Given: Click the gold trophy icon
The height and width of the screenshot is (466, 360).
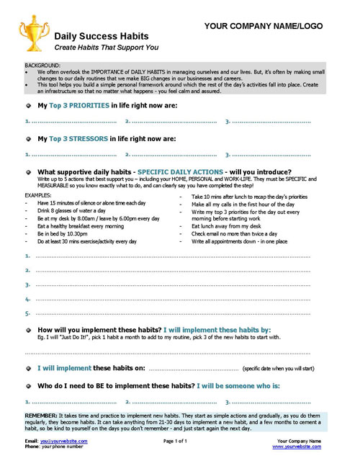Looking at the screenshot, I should [x=32, y=33].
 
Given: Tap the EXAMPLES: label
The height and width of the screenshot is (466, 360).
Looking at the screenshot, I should [x=38, y=195].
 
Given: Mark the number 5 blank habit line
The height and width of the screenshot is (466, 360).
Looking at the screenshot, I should [x=180, y=313].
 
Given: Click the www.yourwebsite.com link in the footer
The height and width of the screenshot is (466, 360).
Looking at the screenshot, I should [x=296, y=447].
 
